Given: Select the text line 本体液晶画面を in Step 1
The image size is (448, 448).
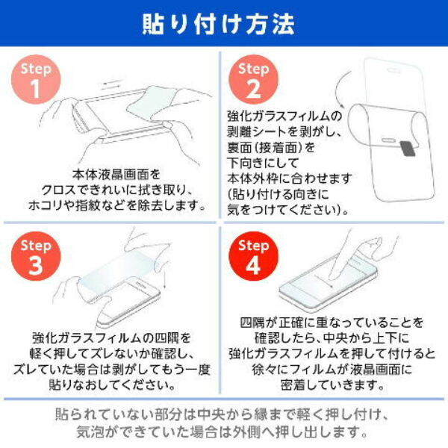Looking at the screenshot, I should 113,174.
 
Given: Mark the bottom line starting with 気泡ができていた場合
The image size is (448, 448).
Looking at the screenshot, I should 222,432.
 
